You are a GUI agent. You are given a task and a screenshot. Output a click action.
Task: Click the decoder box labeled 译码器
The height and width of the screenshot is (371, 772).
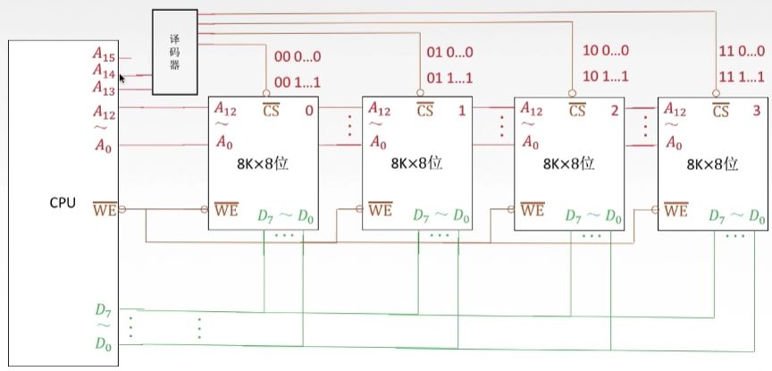point(174,52)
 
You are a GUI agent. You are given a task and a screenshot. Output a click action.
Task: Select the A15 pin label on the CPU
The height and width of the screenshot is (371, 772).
point(104,53)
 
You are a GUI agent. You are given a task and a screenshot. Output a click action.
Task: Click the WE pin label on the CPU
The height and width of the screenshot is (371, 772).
point(105,211)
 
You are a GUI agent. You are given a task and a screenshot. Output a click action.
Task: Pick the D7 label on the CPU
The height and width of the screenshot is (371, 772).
point(105,309)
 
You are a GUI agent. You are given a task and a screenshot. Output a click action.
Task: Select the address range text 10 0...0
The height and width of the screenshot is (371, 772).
point(605,51)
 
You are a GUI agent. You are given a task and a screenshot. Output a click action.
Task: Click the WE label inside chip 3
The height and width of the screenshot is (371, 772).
point(676,211)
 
